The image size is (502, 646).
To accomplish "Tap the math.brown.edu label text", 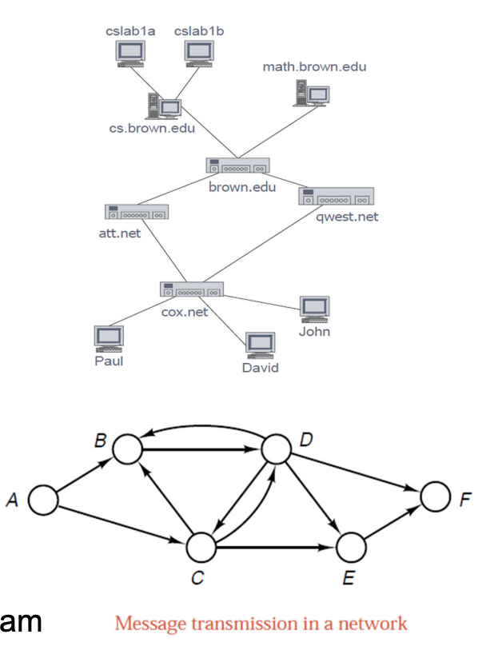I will [x=314, y=66].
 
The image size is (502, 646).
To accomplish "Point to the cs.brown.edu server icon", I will [x=163, y=106].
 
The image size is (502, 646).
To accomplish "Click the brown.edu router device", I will [x=237, y=166].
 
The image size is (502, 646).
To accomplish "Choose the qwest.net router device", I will [x=337, y=196].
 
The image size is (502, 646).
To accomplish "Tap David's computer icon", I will [x=260, y=346].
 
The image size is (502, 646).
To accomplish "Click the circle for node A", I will [x=44, y=500].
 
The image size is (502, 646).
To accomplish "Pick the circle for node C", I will [x=202, y=548].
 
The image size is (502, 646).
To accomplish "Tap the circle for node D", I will [x=277, y=449].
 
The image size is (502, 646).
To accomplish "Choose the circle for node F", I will [x=436, y=497].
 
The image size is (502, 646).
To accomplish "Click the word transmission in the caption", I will [x=227, y=624].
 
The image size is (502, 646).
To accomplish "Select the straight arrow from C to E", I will [x=276, y=548].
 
